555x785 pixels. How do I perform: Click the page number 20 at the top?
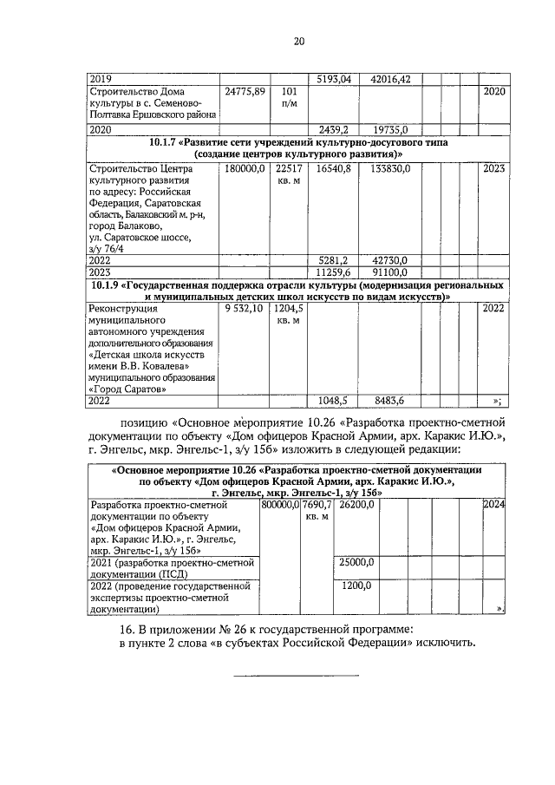tap(298, 41)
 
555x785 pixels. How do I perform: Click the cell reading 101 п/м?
tap(291, 98)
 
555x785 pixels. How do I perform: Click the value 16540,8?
tap(333, 168)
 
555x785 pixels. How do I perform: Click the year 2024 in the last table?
tap(494, 503)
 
